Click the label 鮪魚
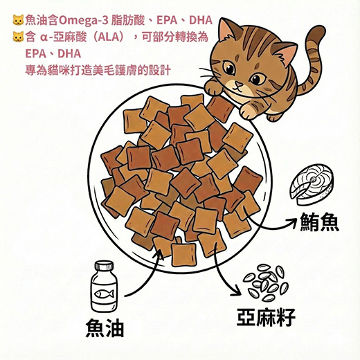tap(319, 222)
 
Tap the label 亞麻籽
tap(266, 317)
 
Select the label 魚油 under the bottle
tap(105, 328)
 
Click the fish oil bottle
tap(104, 287)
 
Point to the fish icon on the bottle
tap(104, 294)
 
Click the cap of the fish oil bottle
tap(105, 265)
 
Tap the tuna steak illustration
tap(312, 185)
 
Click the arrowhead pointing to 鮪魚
tap(292, 222)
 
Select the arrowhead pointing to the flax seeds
tap(237, 292)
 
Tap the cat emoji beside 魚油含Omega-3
tap(18, 20)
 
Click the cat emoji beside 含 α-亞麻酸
tap(18, 37)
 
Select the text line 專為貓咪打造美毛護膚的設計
tap(98, 70)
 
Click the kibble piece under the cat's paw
tap(220, 109)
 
